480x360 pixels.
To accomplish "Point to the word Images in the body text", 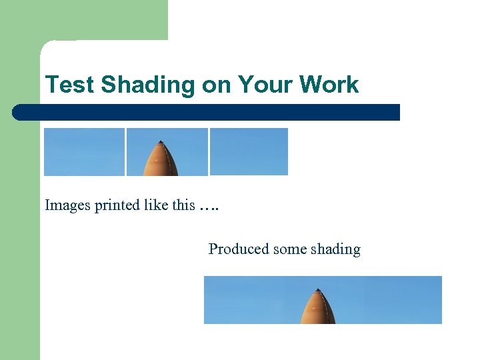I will pos(67,205).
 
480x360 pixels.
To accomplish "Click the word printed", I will pos(117,205).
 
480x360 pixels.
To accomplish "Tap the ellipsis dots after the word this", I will pos(209,207).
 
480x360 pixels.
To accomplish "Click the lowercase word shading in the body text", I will pos(335,249).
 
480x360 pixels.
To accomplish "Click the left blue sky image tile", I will pos(84,152).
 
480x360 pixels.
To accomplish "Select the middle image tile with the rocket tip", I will pos(167,152).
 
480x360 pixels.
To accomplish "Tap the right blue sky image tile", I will pos(249,152).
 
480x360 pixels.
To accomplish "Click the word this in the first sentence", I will pos(183,205).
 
